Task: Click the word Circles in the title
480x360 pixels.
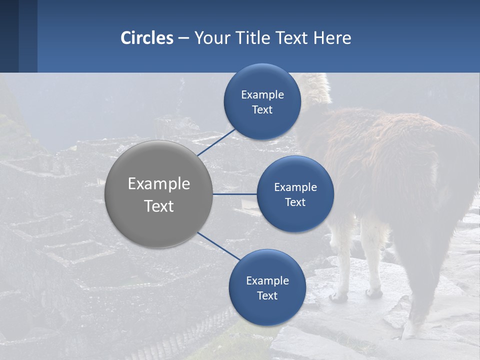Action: [147, 38]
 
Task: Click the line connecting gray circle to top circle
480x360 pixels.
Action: [216, 142]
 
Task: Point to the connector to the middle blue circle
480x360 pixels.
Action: [235, 194]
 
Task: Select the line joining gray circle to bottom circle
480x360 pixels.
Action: [219, 246]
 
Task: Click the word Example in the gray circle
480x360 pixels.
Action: [159, 184]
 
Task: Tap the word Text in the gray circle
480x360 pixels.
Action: [159, 206]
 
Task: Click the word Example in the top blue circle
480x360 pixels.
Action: [262, 94]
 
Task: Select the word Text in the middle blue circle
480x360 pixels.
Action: [295, 202]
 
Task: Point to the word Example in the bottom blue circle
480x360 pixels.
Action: [267, 280]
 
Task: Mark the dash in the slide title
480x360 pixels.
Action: [183, 38]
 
